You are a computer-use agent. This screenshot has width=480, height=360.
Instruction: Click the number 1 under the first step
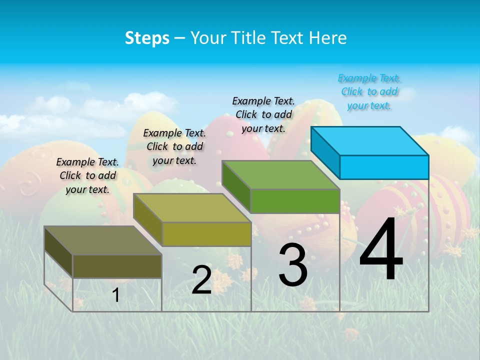(116, 295)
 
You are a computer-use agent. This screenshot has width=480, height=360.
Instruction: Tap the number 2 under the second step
(201, 280)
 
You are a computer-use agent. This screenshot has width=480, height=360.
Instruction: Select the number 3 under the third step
(293, 265)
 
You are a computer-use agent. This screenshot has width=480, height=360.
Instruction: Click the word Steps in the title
(147, 38)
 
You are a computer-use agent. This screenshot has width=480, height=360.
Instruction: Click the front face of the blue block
(384, 167)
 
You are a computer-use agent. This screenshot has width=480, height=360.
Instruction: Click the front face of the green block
(295, 201)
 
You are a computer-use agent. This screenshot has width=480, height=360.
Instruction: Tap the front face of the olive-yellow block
(206, 234)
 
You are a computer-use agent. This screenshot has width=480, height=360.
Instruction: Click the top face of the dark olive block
(103, 240)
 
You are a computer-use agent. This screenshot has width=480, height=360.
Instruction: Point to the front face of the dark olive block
(117, 266)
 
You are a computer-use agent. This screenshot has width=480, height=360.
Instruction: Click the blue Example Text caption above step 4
(369, 92)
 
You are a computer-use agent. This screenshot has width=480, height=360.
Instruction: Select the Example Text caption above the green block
(263, 114)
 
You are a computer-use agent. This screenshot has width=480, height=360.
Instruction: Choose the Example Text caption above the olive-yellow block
(174, 146)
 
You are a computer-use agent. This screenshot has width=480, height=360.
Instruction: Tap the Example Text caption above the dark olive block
(87, 175)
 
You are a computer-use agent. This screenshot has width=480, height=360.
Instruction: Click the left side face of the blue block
(325, 152)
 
